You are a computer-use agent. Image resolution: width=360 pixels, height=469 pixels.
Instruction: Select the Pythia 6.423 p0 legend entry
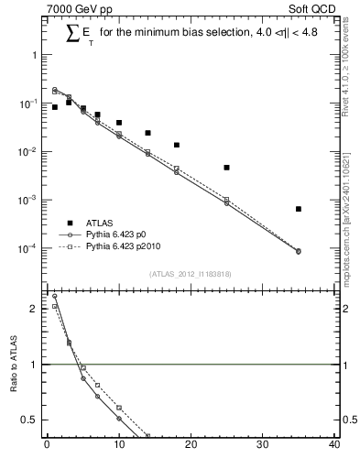pos(116,234)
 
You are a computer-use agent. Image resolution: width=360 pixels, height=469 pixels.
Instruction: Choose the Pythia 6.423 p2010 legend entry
pos(122,247)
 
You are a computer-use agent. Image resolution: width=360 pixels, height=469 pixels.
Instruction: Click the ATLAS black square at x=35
pos(299,209)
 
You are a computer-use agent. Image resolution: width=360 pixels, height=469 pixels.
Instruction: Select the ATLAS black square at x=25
pos(226,168)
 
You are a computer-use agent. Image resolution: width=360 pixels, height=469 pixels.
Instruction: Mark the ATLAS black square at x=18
pos(176,145)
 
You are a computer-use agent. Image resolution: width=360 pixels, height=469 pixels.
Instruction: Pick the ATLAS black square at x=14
pos(147,133)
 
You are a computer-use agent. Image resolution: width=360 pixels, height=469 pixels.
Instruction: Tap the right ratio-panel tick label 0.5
pos(348,420)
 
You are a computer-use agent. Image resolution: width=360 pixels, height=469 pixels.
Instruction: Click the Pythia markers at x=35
pos(299,251)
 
